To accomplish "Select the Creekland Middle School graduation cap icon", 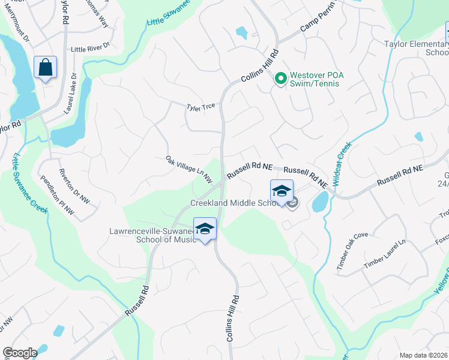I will (x=281, y=191).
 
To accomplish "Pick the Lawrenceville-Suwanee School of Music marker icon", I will (x=205, y=229).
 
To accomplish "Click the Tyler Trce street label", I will (x=200, y=107).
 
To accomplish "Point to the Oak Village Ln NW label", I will (x=189, y=169).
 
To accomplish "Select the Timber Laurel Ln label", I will (x=385, y=254).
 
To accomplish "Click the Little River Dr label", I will (x=90, y=47).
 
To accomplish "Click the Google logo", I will (x=20, y=353).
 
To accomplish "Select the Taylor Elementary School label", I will (x=415, y=48).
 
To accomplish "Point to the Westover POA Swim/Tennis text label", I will (x=315, y=79).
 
